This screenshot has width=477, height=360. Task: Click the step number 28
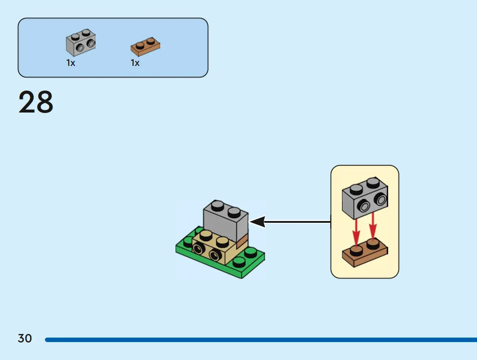click(x=36, y=102)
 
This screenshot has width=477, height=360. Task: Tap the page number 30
click(x=25, y=338)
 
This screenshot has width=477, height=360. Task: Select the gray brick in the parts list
click(x=81, y=43)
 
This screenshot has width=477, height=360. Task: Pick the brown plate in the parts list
click(x=145, y=47)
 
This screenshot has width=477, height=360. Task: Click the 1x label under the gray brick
click(x=70, y=63)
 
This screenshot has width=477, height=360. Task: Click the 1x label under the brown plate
click(x=135, y=63)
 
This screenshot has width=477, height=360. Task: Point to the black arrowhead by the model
click(x=258, y=221)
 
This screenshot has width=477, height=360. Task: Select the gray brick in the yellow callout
click(x=365, y=198)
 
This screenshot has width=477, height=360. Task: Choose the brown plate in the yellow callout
click(x=365, y=253)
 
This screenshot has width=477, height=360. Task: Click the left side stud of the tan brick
click(x=199, y=249)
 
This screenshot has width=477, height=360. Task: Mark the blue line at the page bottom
click(x=261, y=340)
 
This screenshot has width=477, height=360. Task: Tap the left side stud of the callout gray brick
click(x=364, y=207)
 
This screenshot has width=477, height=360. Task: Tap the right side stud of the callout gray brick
click(x=381, y=200)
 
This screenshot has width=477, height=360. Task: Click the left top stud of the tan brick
click(x=206, y=236)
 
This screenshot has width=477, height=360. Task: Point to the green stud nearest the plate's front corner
click(x=239, y=262)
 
